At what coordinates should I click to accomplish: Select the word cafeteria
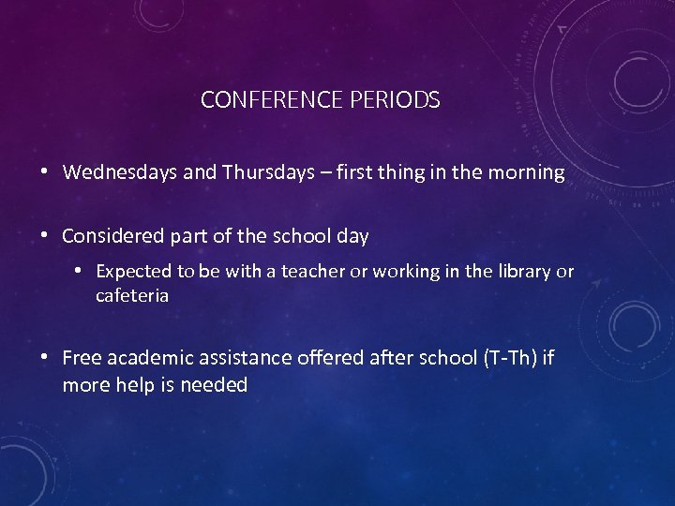(x=131, y=296)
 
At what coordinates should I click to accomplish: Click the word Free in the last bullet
(x=82, y=358)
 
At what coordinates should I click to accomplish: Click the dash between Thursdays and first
(x=322, y=173)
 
